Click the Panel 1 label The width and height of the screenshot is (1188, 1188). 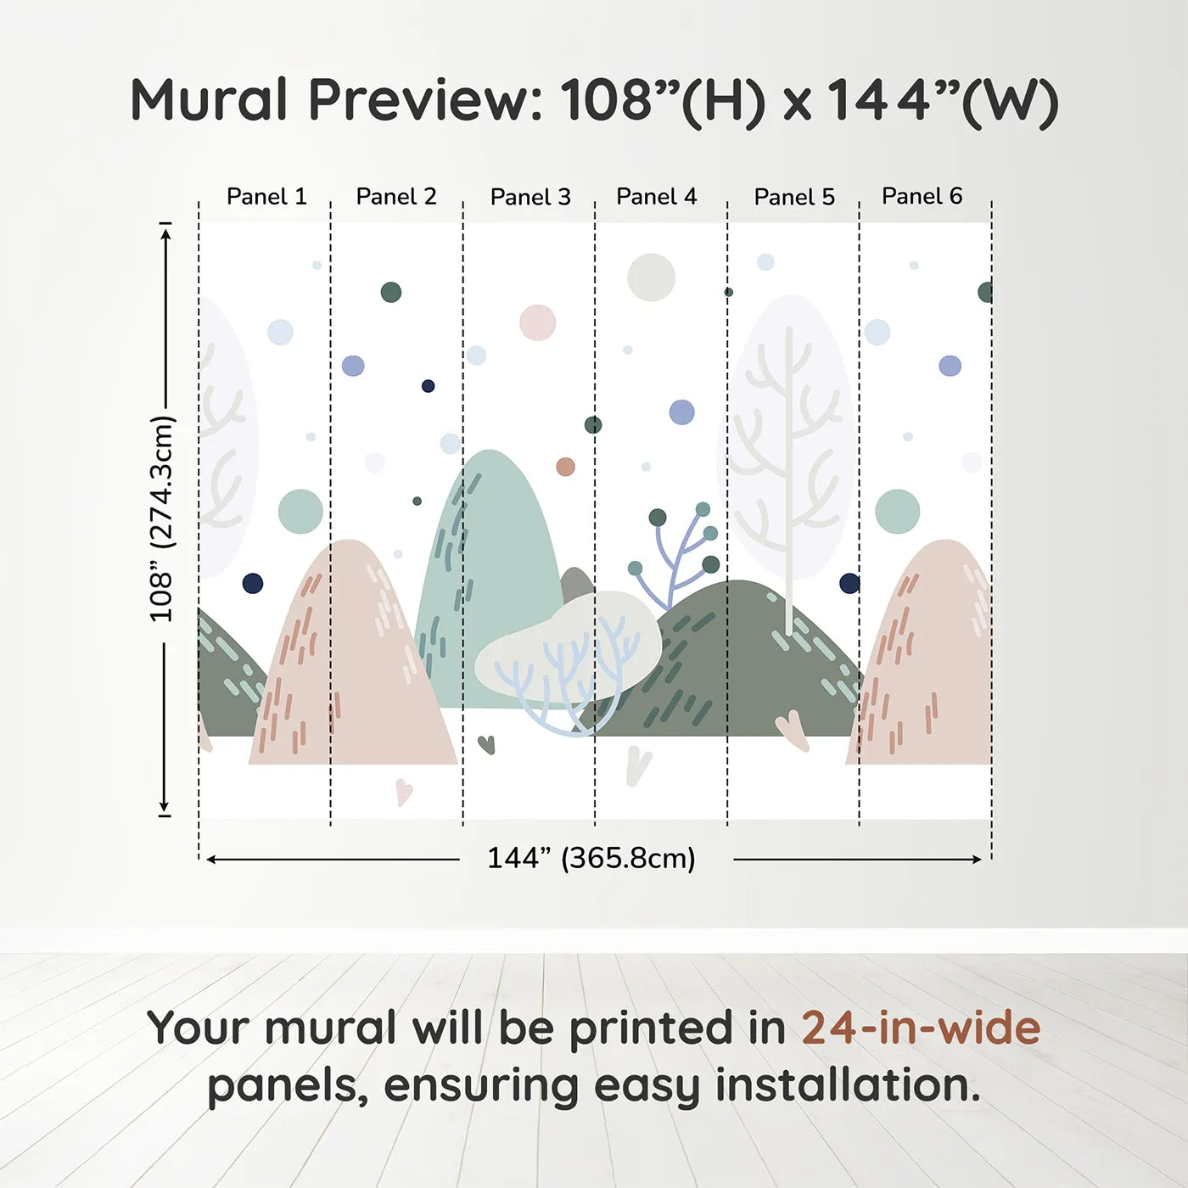click(266, 197)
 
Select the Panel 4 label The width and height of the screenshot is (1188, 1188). click(656, 197)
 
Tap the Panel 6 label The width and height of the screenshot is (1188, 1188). click(922, 196)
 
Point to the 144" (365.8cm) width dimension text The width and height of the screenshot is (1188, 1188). click(591, 858)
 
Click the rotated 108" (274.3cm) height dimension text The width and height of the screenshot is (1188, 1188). click(163, 518)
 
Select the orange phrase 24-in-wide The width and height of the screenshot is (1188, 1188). click(921, 1028)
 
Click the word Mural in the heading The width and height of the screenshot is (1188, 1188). click(209, 99)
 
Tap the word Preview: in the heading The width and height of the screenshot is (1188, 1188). click(425, 100)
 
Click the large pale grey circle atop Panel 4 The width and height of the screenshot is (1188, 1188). click(651, 277)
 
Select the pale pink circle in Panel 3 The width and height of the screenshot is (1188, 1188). click(538, 322)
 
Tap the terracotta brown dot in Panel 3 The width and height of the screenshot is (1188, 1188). click(565, 467)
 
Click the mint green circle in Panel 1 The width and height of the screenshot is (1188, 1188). click(300, 511)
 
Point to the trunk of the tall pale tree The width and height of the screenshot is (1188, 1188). click(788, 481)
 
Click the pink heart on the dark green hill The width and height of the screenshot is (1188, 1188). click(793, 730)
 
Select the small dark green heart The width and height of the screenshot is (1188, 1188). click(486, 744)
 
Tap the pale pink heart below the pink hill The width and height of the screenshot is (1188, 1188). click(404, 793)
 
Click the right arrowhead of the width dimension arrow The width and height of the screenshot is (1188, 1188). click(977, 859)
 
